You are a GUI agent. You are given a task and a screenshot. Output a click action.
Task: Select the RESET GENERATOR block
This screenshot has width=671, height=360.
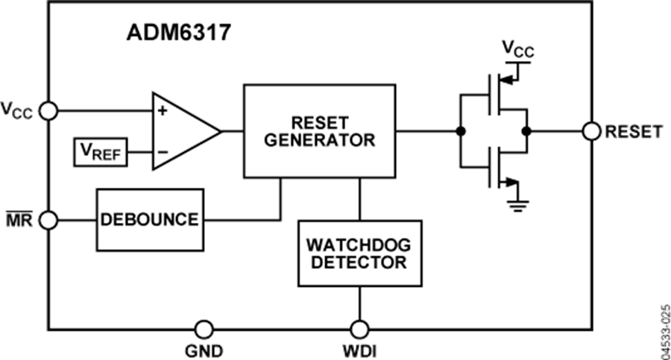(x=319, y=130)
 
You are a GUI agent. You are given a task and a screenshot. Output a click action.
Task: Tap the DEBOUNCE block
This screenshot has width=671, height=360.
(x=149, y=220)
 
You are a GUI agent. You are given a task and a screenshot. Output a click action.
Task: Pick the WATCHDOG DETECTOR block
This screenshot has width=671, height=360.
(x=359, y=253)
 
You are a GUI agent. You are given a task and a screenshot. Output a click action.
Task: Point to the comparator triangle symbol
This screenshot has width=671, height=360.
(x=183, y=131)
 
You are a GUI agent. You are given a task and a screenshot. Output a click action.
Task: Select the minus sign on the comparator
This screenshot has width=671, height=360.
(x=161, y=153)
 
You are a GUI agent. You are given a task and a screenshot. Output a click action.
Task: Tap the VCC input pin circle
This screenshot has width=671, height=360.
(x=48, y=111)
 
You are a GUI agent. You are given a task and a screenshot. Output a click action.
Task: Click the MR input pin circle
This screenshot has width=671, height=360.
(x=48, y=220)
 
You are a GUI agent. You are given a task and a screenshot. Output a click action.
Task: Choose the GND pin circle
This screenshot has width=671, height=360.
(x=203, y=329)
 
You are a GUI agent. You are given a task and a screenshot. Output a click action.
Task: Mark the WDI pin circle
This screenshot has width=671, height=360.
(x=359, y=329)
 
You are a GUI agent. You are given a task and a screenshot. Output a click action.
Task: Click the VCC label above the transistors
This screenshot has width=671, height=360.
(x=517, y=49)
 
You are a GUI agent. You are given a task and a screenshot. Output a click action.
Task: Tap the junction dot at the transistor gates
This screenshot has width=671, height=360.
(x=461, y=131)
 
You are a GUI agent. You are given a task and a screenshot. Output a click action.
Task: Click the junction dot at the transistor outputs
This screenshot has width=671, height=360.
(x=526, y=131)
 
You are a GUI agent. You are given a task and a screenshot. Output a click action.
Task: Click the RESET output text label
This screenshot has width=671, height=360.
(x=633, y=132)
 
